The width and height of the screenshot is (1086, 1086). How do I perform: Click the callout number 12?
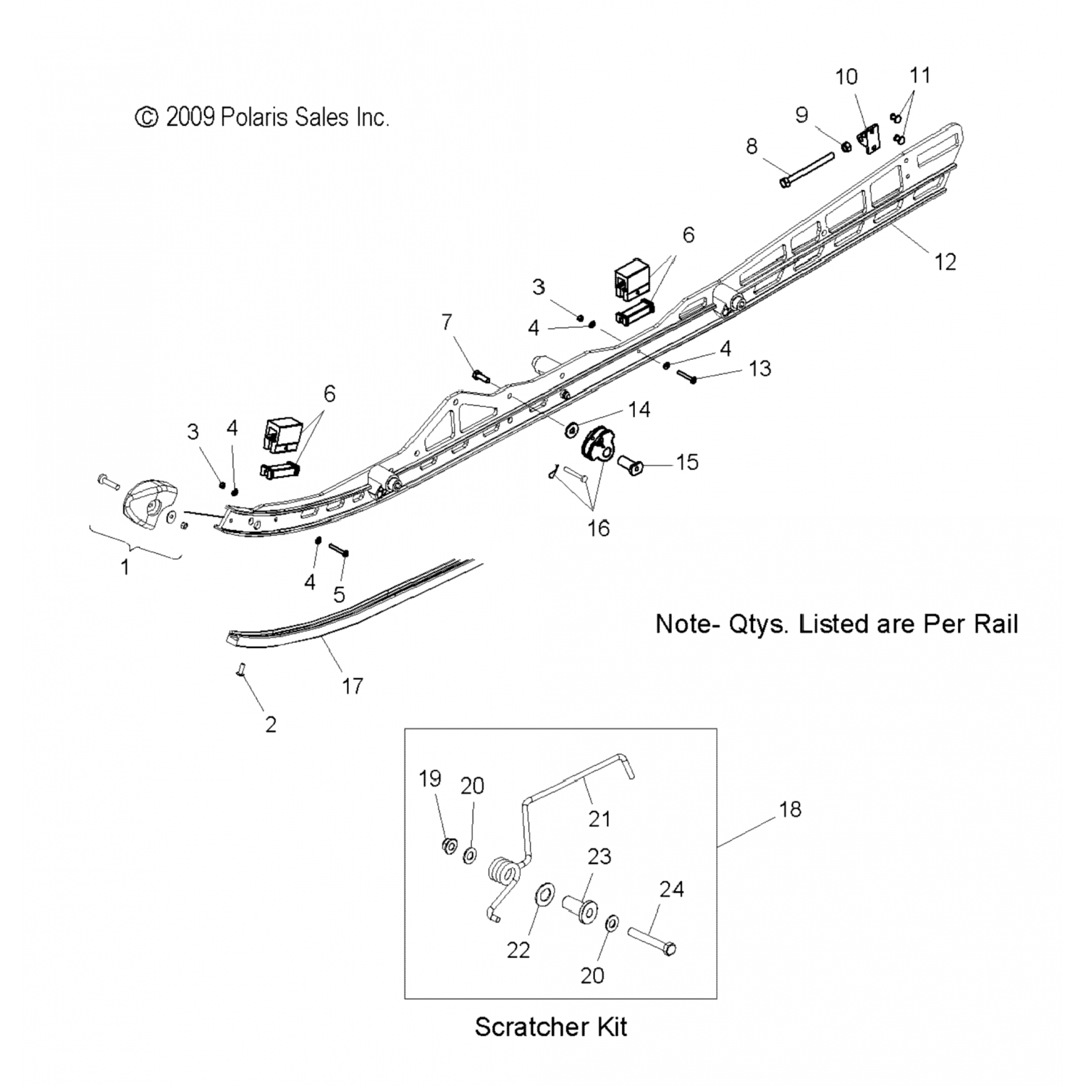(946, 261)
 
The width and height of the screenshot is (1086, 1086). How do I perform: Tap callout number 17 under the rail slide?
(352, 686)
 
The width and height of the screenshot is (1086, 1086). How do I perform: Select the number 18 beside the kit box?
(790, 809)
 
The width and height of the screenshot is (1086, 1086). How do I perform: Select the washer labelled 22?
(542, 893)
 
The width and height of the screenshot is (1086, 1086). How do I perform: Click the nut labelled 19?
(449, 844)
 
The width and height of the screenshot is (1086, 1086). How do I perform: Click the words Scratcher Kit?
(550, 1027)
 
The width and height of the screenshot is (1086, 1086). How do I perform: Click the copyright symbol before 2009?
(147, 117)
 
